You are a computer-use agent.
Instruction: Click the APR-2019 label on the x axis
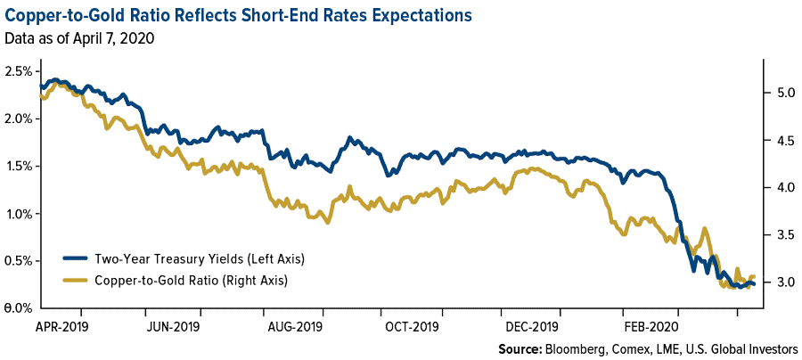[61, 326]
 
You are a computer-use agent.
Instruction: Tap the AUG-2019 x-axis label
[296, 326]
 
